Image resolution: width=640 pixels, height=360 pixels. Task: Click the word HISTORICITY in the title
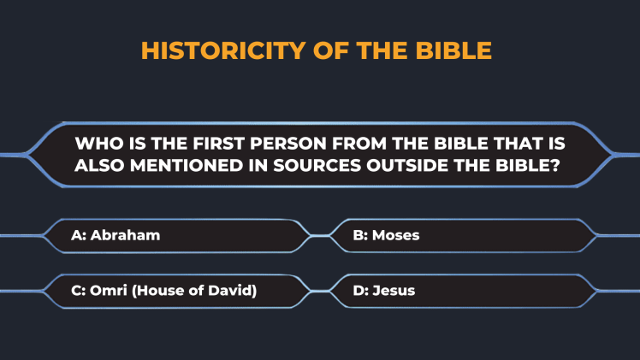223,50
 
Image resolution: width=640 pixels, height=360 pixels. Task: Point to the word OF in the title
330,50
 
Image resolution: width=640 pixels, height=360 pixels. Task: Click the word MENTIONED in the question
187,166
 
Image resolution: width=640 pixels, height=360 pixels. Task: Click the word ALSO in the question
99,166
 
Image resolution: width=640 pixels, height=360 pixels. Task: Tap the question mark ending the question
555,166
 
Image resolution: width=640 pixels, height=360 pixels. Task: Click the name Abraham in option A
125,235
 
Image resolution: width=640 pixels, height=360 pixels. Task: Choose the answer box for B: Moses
463,236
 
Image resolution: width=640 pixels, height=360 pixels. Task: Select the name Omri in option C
109,290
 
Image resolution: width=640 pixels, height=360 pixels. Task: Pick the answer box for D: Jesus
463,291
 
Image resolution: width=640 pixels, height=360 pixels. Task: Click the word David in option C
232,291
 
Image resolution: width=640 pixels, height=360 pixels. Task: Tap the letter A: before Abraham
79,235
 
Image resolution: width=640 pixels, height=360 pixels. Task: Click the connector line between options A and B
320,236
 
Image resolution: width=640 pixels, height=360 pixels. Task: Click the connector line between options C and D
320,291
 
